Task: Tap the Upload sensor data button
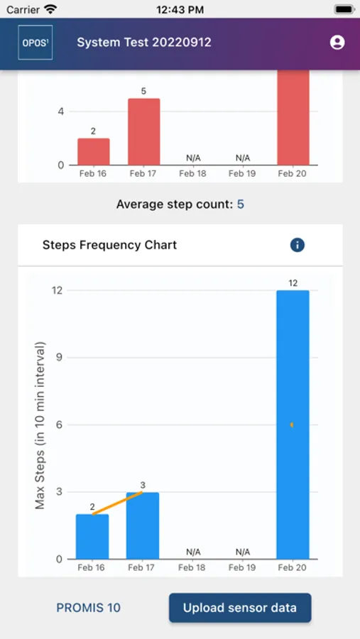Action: coord(240,608)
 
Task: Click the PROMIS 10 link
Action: coord(89,608)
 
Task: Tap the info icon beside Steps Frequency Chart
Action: coord(298,245)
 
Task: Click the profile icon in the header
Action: coord(337,43)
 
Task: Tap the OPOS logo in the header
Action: coord(35,43)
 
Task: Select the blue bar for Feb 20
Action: coord(293,425)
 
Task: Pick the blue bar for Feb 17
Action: coord(143,525)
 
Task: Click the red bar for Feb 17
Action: coord(143,132)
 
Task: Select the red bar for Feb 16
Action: coord(94,152)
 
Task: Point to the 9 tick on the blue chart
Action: coord(59,358)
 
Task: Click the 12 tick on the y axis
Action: coord(57,290)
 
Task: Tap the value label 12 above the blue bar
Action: coord(293,283)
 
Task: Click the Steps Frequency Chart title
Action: coord(109,245)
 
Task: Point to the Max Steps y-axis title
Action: coord(40,425)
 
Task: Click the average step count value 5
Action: coord(241,204)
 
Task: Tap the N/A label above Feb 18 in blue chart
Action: coord(193,552)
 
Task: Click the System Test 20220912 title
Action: coord(144,43)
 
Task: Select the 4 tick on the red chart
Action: coord(61,111)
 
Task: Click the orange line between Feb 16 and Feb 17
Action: coord(118,503)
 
